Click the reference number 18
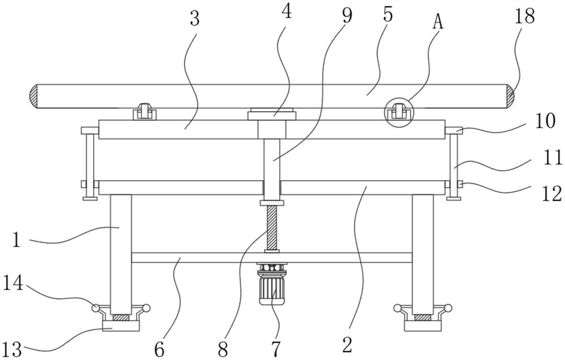coord(525,16)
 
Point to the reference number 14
coord(14,283)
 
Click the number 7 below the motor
coord(276,349)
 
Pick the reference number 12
coord(552,194)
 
